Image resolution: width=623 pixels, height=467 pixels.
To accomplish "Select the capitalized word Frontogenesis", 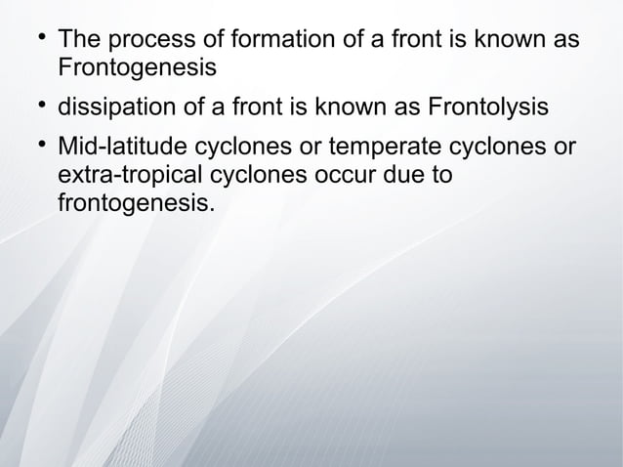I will [138, 69].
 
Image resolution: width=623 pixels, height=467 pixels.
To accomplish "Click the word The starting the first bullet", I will [80, 43].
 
